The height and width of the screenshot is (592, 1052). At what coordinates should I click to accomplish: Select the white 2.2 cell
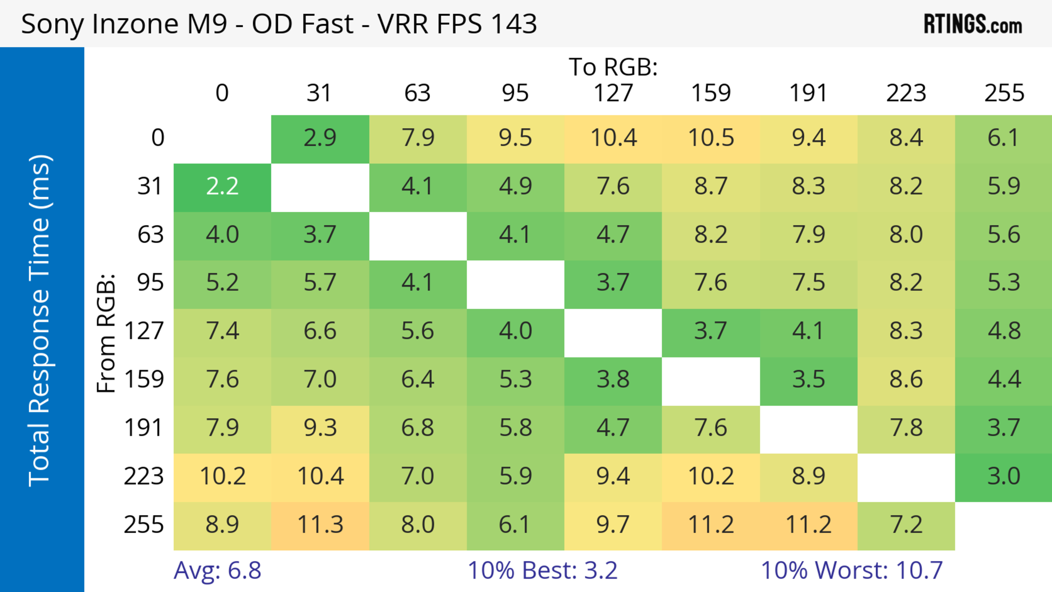click(x=222, y=187)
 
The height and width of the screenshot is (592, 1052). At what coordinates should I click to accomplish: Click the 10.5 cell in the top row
click(x=711, y=138)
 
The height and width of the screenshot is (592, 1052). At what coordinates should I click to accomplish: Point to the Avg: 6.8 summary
click(x=217, y=570)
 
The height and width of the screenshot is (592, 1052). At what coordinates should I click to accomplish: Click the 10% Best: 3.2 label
click(x=542, y=570)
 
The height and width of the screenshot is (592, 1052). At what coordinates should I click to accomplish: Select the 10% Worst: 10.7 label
click(x=851, y=570)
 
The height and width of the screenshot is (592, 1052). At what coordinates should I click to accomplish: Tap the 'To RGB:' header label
click(x=613, y=67)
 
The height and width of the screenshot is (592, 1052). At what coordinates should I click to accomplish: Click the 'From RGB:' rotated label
click(x=106, y=333)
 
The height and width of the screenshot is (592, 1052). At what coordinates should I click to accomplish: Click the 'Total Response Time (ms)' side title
click(x=40, y=321)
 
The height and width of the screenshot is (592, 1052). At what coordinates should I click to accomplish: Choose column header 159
click(x=711, y=93)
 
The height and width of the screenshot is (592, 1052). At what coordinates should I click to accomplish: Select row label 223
click(x=144, y=476)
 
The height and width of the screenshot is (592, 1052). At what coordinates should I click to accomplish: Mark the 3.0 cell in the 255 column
click(x=1004, y=476)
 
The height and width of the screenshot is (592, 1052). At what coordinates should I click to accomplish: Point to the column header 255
click(x=1004, y=93)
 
